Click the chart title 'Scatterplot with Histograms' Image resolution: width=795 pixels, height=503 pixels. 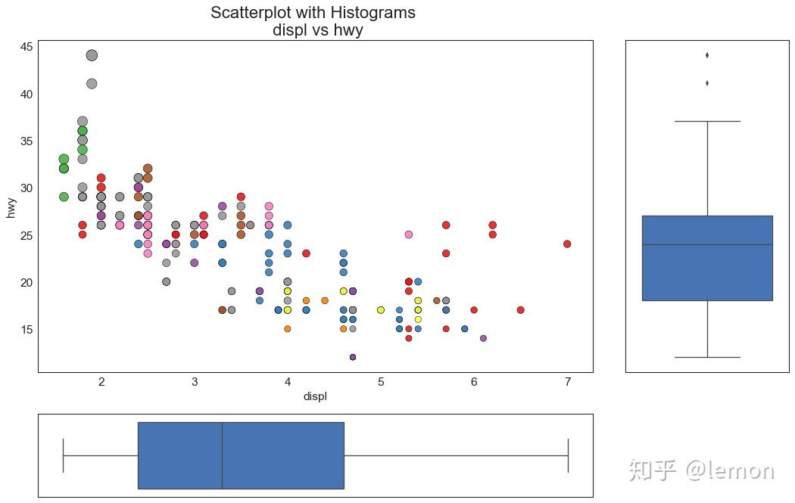pyautogui.click(x=313, y=13)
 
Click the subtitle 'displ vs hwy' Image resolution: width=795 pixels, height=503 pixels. pyautogui.click(x=313, y=30)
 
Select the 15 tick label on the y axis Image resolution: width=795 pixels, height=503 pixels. pyautogui.click(x=26, y=329)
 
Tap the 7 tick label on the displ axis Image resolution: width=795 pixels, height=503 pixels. pyautogui.click(x=567, y=382)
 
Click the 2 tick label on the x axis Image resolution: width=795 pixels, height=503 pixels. pyautogui.click(x=101, y=382)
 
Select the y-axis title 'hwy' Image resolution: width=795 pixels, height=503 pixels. pyautogui.click(x=11, y=206)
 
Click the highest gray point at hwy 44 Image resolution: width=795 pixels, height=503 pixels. pyautogui.click(x=92, y=55)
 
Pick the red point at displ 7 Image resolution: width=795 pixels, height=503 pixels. pyautogui.click(x=567, y=244)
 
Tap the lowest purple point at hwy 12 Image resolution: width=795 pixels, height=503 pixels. pyautogui.click(x=353, y=357)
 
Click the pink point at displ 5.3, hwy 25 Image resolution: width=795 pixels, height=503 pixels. pyautogui.click(x=409, y=234)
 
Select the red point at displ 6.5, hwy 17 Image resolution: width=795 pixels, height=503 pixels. pyautogui.click(x=520, y=310)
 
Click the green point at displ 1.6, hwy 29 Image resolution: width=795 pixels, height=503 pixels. pyautogui.click(x=64, y=197)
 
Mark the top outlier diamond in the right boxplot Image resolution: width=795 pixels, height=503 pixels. pyautogui.click(x=707, y=55)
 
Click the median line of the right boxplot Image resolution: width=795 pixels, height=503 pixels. pyautogui.click(x=707, y=244)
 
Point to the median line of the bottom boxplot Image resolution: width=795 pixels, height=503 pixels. pyautogui.click(x=222, y=455)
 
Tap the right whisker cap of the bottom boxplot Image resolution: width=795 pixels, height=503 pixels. pyautogui.click(x=568, y=455)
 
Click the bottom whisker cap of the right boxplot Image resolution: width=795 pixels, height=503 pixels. pyautogui.click(x=707, y=357)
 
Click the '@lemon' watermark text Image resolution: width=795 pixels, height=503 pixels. pyautogui.click(x=730, y=470)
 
